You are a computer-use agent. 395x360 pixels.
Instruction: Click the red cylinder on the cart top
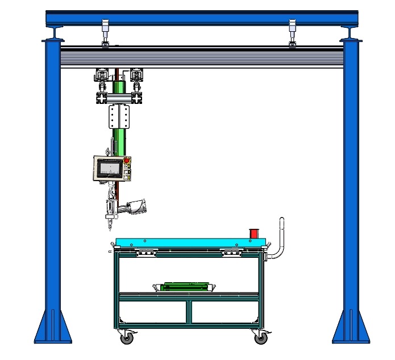click(x=253, y=233)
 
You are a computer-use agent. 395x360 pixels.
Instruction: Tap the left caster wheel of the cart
click(x=126, y=338)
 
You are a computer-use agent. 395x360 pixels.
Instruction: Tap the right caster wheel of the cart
click(x=260, y=338)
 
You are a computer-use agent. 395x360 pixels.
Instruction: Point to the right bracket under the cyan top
click(x=231, y=253)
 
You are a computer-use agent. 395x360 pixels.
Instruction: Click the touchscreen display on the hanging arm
click(x=111, y=169)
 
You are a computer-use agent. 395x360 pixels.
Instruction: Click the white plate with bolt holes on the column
click(x=119, y=118)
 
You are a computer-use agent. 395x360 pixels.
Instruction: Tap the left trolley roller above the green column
click(x=102, y=77)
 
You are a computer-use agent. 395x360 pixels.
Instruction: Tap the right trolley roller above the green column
click(x=136, y=77)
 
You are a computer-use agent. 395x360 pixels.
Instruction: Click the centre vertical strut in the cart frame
click(x=188, y=312)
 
